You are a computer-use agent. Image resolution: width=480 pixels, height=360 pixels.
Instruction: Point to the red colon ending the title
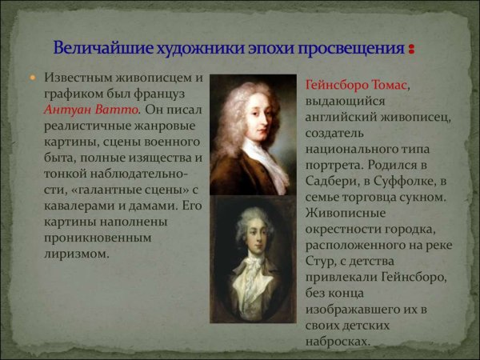(411, 50)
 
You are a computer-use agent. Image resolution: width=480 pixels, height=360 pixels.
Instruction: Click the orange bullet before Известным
(33, 79)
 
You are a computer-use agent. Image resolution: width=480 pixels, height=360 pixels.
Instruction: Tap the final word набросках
(338, 341)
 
